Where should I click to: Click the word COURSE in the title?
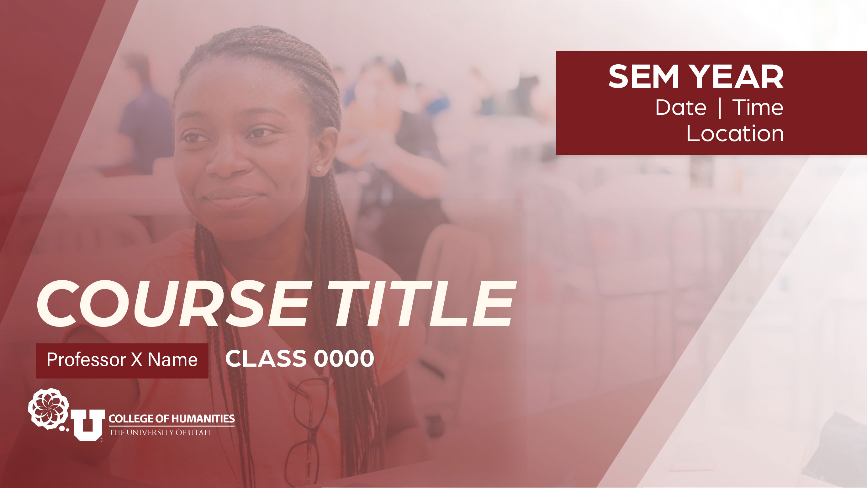pyautogui.click(x=172, y=303)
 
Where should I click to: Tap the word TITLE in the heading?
pyautogui.click(x=421, y=303)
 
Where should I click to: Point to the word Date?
pyautogui.click(x=680, y=108)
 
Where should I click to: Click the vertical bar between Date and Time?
pyautogui.click(x=720, y=109)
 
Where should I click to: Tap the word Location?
pyautogui.click(x=735, y=134)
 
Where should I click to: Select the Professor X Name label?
pyautogui.click(x=122, y=360)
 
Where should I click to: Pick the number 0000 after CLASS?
pyautogui.click(x=344, y=358)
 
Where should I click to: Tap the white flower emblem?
pyautogui.click(x=49, y=409)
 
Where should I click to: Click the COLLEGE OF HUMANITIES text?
pyautogui.click(x=172, y=419)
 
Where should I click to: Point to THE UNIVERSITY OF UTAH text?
pyautogui.click(x=160, y=432)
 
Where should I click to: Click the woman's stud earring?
pyautogui.click(x=319, y=168)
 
